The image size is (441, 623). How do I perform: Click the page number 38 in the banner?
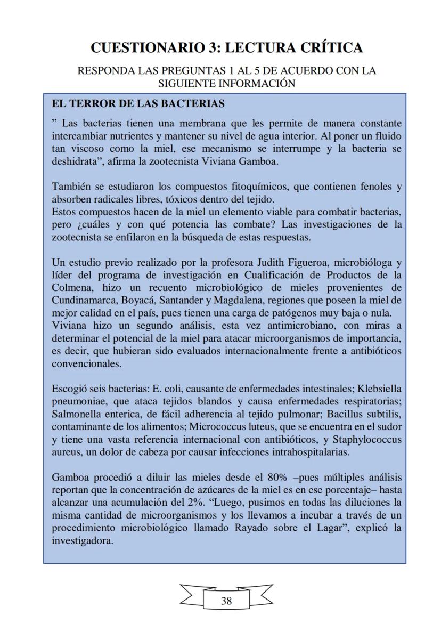226,601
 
